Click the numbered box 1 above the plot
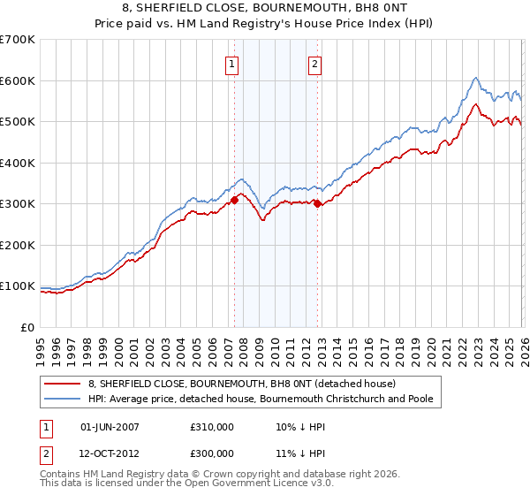[x=231, y=63]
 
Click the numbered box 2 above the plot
[x=314, y=63]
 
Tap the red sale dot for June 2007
[x=235, y=200]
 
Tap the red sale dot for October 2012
[x=318, y=204]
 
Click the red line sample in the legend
[x=62, y=384]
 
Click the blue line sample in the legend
[x=62, y=400]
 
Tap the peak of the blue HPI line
[x=475, y=77]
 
